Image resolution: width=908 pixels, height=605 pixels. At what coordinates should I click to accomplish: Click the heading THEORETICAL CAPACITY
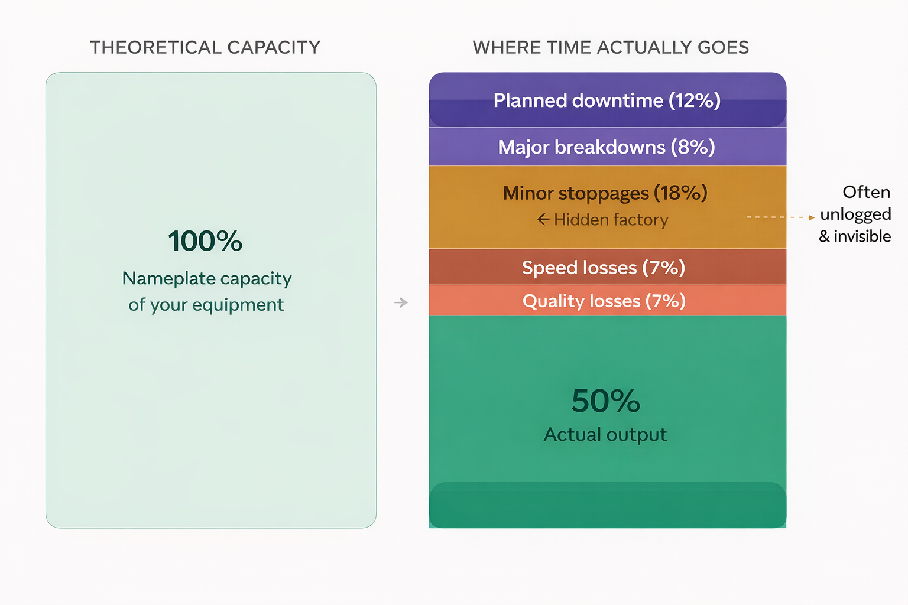(x=205, y=47)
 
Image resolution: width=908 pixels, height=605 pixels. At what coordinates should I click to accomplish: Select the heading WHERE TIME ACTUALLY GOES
(x=611, y=47)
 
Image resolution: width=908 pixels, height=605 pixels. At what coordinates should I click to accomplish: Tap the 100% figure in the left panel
(x=205, y=241)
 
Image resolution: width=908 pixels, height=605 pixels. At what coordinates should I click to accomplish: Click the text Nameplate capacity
(x=207, y=278)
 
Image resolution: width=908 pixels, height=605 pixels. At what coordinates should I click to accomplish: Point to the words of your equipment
(x=206, y=305)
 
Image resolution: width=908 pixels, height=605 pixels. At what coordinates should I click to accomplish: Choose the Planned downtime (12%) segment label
(x=607, y=100)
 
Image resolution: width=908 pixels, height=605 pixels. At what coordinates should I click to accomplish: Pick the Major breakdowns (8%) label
(x=607, y=147)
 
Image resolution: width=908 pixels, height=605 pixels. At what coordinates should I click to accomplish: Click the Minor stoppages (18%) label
(x=605, y=193)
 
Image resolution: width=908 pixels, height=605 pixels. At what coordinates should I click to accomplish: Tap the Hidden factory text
(x=611, y=220)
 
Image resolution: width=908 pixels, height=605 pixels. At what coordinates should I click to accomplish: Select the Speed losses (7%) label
(x=604, y=268)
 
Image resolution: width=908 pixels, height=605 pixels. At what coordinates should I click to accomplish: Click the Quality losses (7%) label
(x=604, y=301)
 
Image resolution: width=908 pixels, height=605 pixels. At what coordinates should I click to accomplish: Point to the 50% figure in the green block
(x=606, y=401)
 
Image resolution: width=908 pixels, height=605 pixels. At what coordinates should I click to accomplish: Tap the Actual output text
(x=605, y=435)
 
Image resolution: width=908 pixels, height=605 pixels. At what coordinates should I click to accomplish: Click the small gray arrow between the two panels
(x=401, y=302)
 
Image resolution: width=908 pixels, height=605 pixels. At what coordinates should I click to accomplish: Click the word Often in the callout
(x=866, y=192)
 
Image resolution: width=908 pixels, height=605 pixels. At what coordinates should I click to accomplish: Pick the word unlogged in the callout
(x=855, y=214)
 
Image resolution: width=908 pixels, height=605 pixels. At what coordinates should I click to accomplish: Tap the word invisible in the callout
(x=862, y=236)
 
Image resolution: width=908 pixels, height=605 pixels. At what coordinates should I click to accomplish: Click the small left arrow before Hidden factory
(x=543, y=220)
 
